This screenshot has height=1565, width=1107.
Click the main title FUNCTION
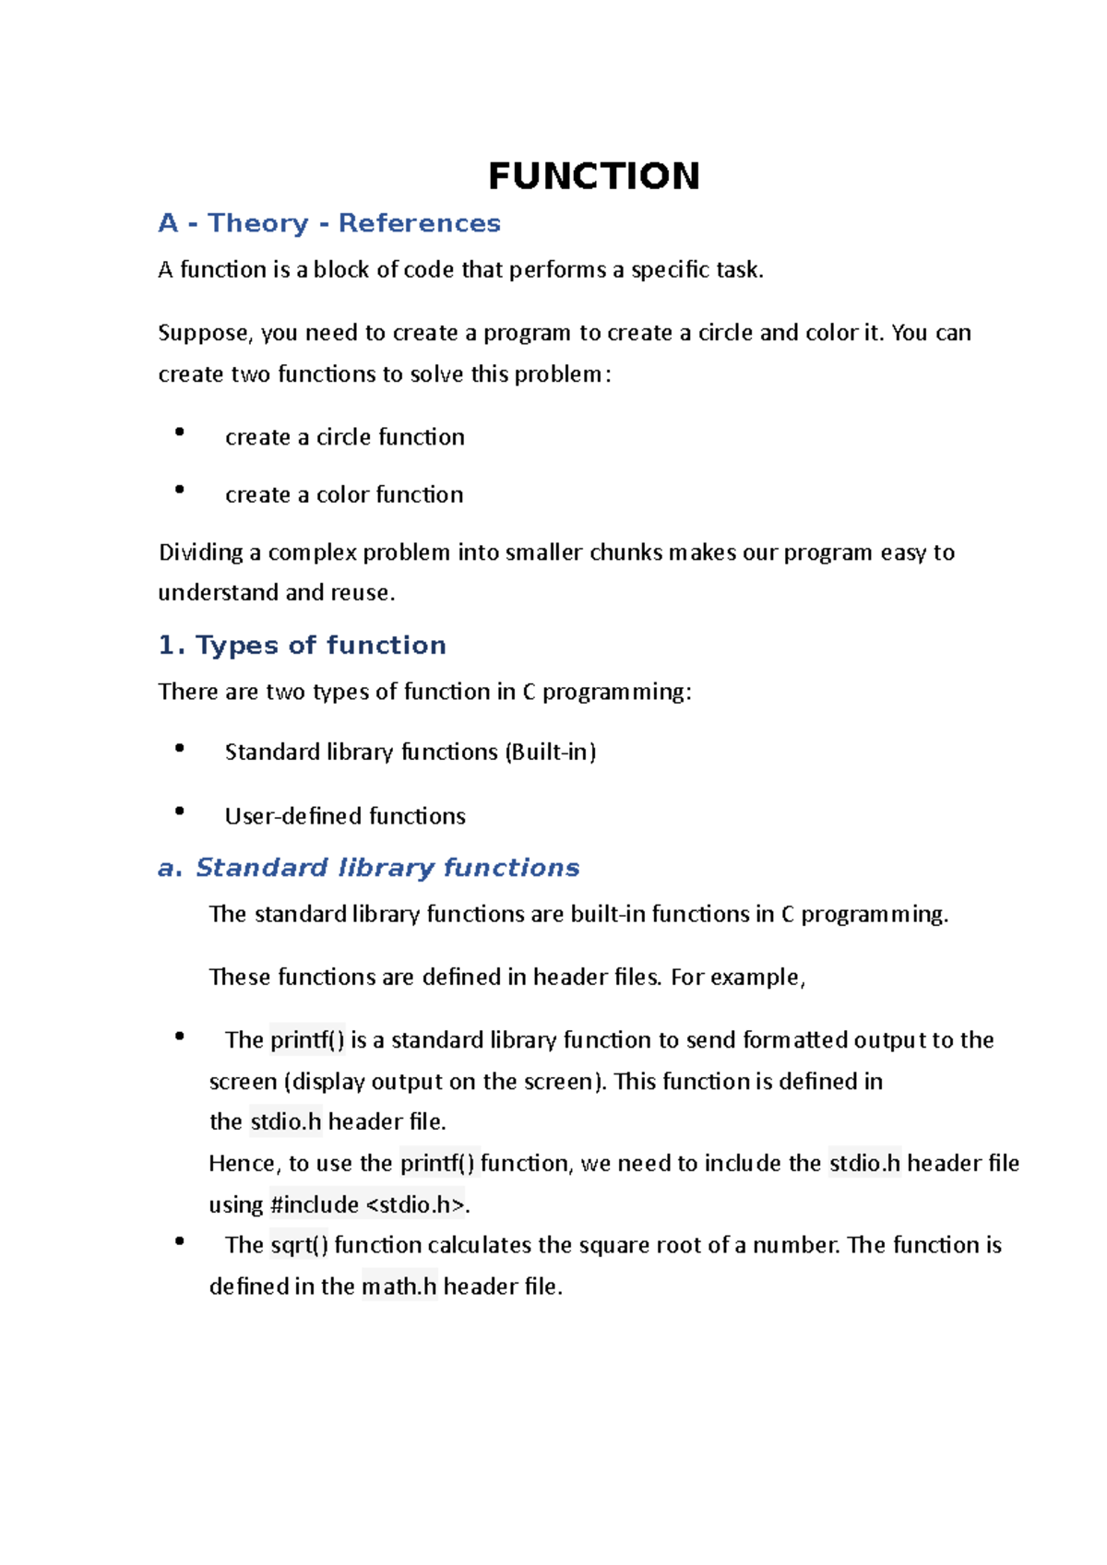(x=593, y=176)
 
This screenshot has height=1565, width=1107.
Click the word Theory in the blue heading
(x=257, y=223)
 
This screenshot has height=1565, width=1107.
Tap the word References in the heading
(x=419, y=223)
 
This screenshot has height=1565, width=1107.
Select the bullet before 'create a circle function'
(x=180, y=432)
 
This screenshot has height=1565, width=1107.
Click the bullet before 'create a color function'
(x=180, y=490)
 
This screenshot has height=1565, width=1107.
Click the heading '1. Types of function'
(x=302, y=645)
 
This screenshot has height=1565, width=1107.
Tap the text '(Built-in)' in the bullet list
(x=550, y=753)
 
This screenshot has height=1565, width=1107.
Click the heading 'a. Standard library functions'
(x=368, y=868)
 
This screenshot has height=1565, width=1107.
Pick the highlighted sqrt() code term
(x=299, y=1245)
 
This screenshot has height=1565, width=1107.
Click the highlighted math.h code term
(x=399, y=1286)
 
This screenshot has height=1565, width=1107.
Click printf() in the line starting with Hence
(x=437, y=1163)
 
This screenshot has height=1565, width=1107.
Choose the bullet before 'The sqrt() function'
(x=180, y=1241)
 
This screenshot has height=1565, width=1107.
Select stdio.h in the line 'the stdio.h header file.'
(x=286, y=1122)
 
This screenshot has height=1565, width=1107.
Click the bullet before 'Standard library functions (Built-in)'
(x=180, y=749)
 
